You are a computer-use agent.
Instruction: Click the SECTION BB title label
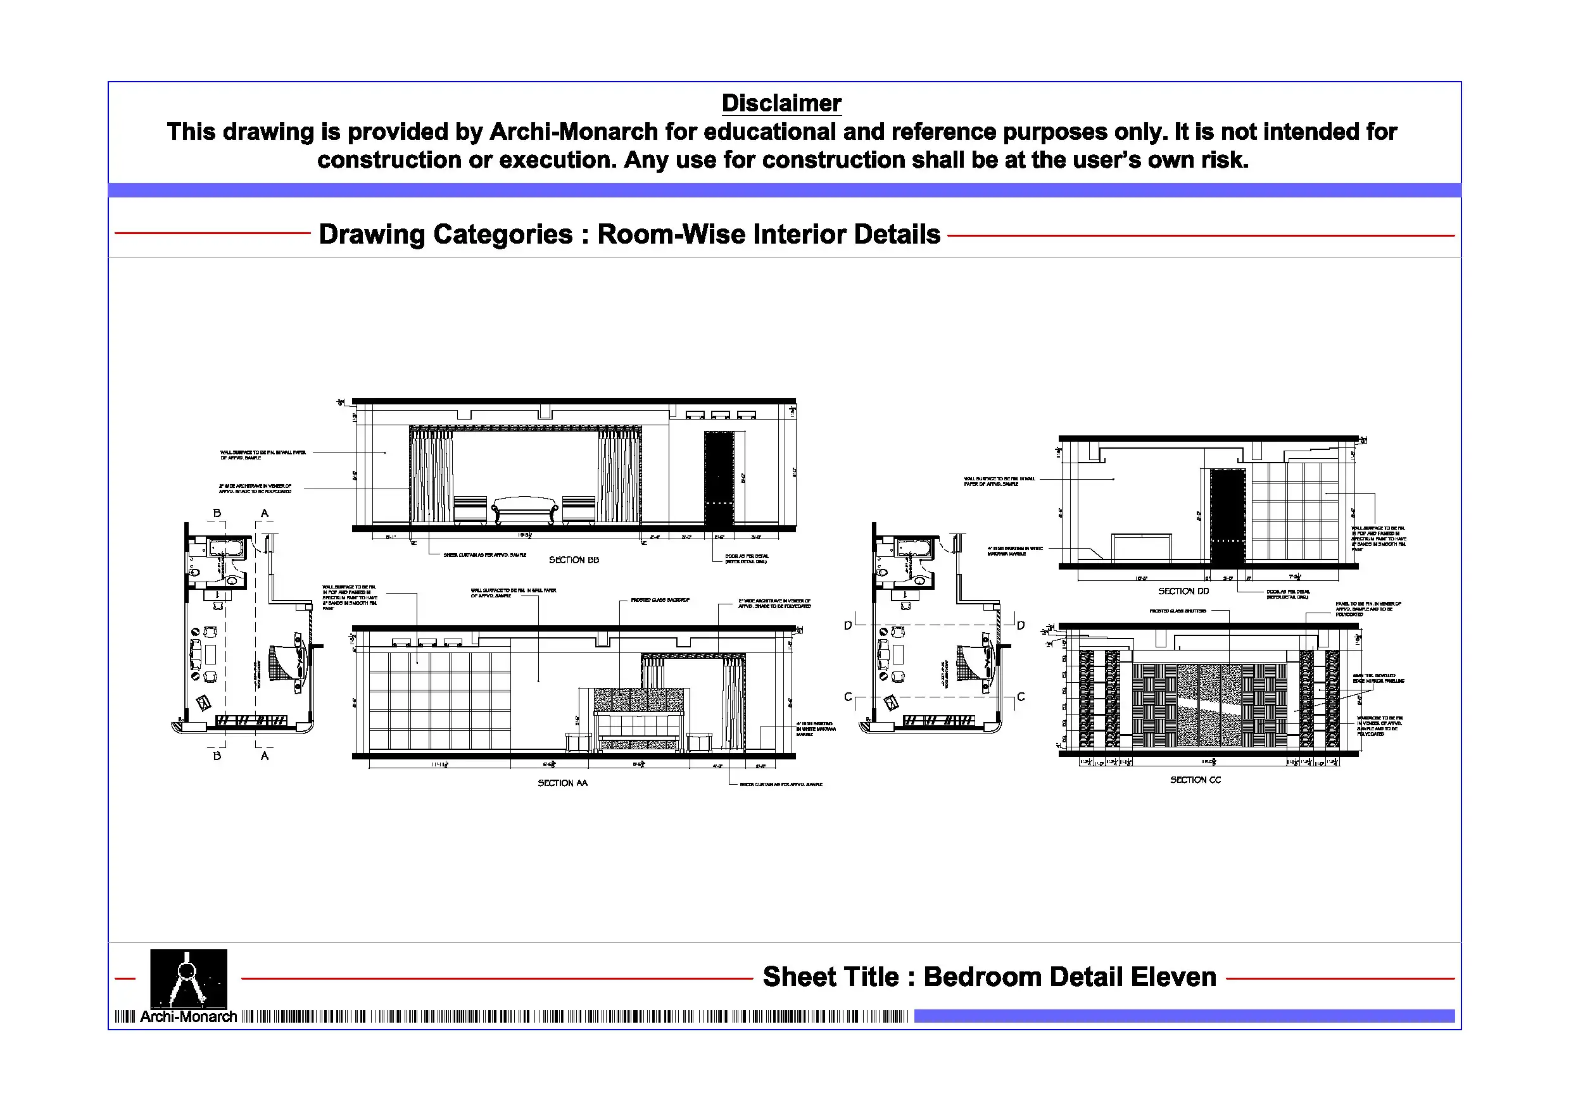(x=574, y=560)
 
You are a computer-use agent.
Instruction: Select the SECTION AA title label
(x=562, y=783)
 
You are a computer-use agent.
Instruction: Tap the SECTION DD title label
(x=1183, y=591)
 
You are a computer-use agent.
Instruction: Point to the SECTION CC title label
(x=1195, y=780)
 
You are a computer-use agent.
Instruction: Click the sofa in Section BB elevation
(x=525, y=510)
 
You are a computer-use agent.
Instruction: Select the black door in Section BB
(x=719, y=479)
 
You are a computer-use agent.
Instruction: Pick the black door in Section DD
(x=1228, y=516)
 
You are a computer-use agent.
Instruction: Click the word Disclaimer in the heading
(x=781, y=103)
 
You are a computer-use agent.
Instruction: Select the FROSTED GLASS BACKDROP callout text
(x=660, y=600)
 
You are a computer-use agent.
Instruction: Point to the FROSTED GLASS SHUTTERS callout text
(x=1177, y=611)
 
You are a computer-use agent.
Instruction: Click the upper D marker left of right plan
(x=848, y=625)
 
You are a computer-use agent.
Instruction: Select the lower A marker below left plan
(x=265, y=756)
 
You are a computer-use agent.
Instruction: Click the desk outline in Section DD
(x=1140, y=547)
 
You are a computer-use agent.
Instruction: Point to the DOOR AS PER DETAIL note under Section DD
(x=1287, y=594)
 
